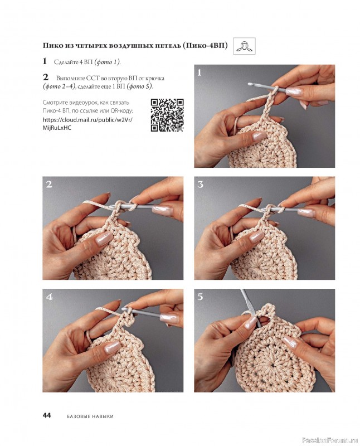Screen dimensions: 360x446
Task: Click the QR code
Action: (x=167, y=115)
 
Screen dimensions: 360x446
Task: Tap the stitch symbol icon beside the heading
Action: (x=244, y=46)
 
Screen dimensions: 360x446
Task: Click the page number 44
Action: (x=47, y=415)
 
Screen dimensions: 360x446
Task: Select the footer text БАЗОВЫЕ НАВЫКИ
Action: (x=90, y=416)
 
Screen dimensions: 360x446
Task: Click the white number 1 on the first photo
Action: (x=200, y=73)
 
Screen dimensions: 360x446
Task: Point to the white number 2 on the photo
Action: (x=49, y=185)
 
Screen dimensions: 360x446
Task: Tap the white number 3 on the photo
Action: (x=201, y=185)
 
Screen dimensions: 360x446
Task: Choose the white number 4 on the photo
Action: (x=49, y=297)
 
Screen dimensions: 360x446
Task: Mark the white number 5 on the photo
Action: (x=201, y=297)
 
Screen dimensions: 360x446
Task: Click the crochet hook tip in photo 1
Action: (x=250, y=84)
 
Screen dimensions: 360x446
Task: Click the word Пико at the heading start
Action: (x=51, y=46)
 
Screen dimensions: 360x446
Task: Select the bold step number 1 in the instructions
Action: (x=45, y=61)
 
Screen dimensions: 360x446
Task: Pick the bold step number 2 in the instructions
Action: (x=46, y=77)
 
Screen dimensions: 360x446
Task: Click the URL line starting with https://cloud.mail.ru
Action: (x=87, y=120)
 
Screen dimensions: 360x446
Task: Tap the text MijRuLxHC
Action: (x=57, y=128)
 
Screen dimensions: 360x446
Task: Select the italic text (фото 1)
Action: (x=107, y=62)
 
